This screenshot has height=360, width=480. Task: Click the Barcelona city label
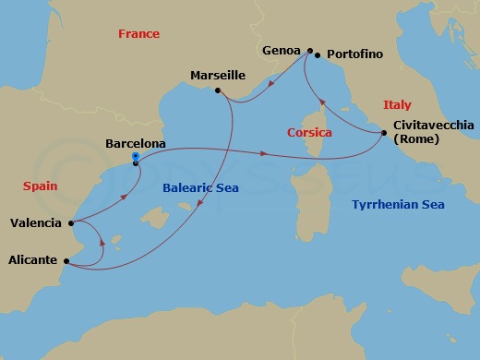pyautogui.click(x=136, y=144)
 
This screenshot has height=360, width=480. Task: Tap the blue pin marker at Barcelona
pyautogui.click(x=136, y=158)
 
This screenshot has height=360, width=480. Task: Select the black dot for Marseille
pyautogui.click(x=218, y=90)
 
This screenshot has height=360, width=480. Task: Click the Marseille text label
pyautogui.click(x=218, y=75)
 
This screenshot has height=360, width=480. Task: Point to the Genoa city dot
pyautogui.click(x=310, y=50)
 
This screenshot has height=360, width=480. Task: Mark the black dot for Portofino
pyautogui.click(x=318, y=55)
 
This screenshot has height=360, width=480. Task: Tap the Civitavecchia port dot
pyautogui.click(x=383, y=134)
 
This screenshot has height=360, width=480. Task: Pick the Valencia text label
pyautogui.click(x=36, y=222)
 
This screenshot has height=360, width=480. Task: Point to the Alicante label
pyautogui.click(x=32, y=261)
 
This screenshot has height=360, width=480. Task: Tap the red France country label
pyautogui.click(x=138, y=34)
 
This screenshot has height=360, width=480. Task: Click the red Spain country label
pyautogui.click(x=40, y=186)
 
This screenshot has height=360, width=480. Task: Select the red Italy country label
pyautogui.click(x=397, y=105)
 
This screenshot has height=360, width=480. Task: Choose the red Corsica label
pyautogui.click(x=309, y=133)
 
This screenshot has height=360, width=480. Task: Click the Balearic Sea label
pyautogui.click(x=200, y=188)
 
